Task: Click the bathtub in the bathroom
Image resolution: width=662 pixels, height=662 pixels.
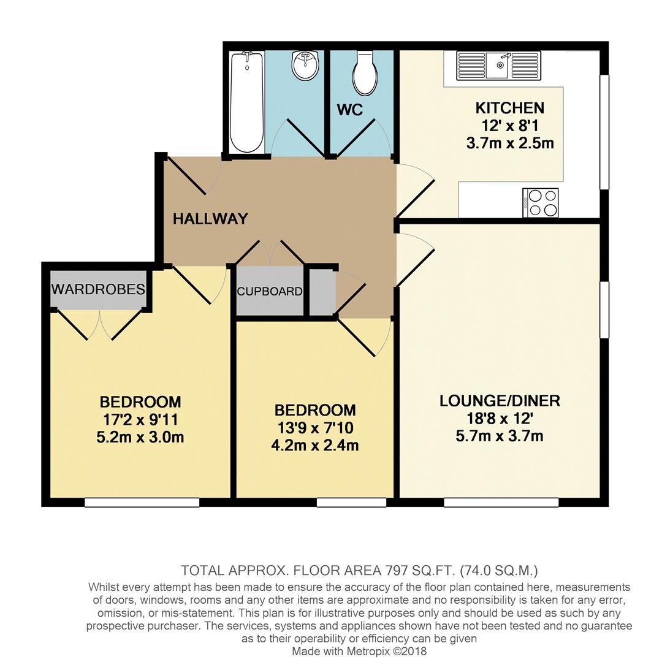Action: pyautogui.click(x=247, y=102)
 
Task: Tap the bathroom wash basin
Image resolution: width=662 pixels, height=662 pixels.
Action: pyautogui.click(x=305, y=65)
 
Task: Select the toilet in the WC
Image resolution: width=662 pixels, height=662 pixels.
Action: pyautogui.click(x=364, y=74)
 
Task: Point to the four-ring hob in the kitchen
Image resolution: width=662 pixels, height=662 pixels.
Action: pyautogui.click(x=541, y=202)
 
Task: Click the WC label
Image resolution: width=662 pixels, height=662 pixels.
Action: pyautogui.click(x=350, y=110)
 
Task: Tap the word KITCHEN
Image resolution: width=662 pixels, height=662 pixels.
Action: pyautogui.click(x=510, y=108)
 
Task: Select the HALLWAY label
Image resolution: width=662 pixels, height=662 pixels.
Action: pyautogui.click(x=210, y=219)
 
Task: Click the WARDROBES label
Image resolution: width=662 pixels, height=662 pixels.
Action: pyautogui.click(x=99, y=289)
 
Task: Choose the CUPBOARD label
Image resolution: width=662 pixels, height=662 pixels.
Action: pyautogui.click(x=270, y=292)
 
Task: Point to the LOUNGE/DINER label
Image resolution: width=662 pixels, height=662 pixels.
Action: pyautogui.click(x=500, y=401)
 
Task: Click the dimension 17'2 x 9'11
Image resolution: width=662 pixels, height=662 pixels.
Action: pyautogui.click(x=141, y=420)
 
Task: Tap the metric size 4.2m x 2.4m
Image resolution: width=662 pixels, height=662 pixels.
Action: pyautogui.click(x=316, y=446)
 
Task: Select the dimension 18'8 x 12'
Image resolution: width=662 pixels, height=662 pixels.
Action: pyautogui.click(x=500, y=419)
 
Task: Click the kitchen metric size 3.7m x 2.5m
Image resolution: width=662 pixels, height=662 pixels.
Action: pyautogui.click(x=510, y=144)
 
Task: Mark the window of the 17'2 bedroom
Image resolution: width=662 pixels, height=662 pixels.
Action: pyautogui.click(x=142, y=503)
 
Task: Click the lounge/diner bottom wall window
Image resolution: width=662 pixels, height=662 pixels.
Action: pyautogui.click(x=501, y=503)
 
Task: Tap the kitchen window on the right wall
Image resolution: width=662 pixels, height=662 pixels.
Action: pyautogui.click(x=604, y=132)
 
